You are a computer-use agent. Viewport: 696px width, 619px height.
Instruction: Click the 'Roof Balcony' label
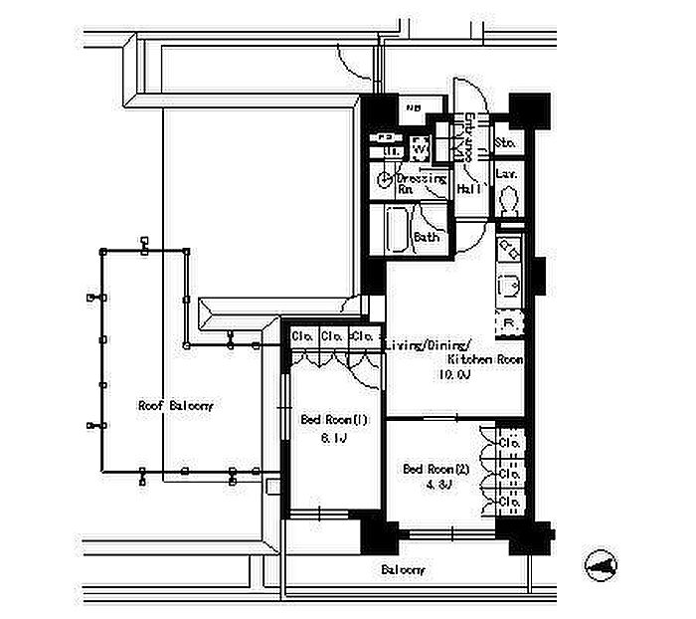coord(175,406)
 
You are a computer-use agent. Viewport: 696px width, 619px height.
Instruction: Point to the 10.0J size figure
coord(455,375)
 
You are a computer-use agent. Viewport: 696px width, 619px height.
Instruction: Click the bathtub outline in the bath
coord(396,233)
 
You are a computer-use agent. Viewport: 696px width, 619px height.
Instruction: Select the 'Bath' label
coord(427,238)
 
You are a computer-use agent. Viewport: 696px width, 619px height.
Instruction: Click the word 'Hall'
coord(469,188)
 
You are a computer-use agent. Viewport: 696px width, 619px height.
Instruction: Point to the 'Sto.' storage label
coord(505,143)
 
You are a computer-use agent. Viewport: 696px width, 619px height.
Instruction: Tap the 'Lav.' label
coord(506,174)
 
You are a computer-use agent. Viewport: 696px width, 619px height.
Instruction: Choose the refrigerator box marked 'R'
coord(508,323)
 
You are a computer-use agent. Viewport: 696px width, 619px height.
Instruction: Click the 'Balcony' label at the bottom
coord(404,570)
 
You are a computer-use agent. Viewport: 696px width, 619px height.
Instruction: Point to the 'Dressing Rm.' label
coord(422,183)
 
